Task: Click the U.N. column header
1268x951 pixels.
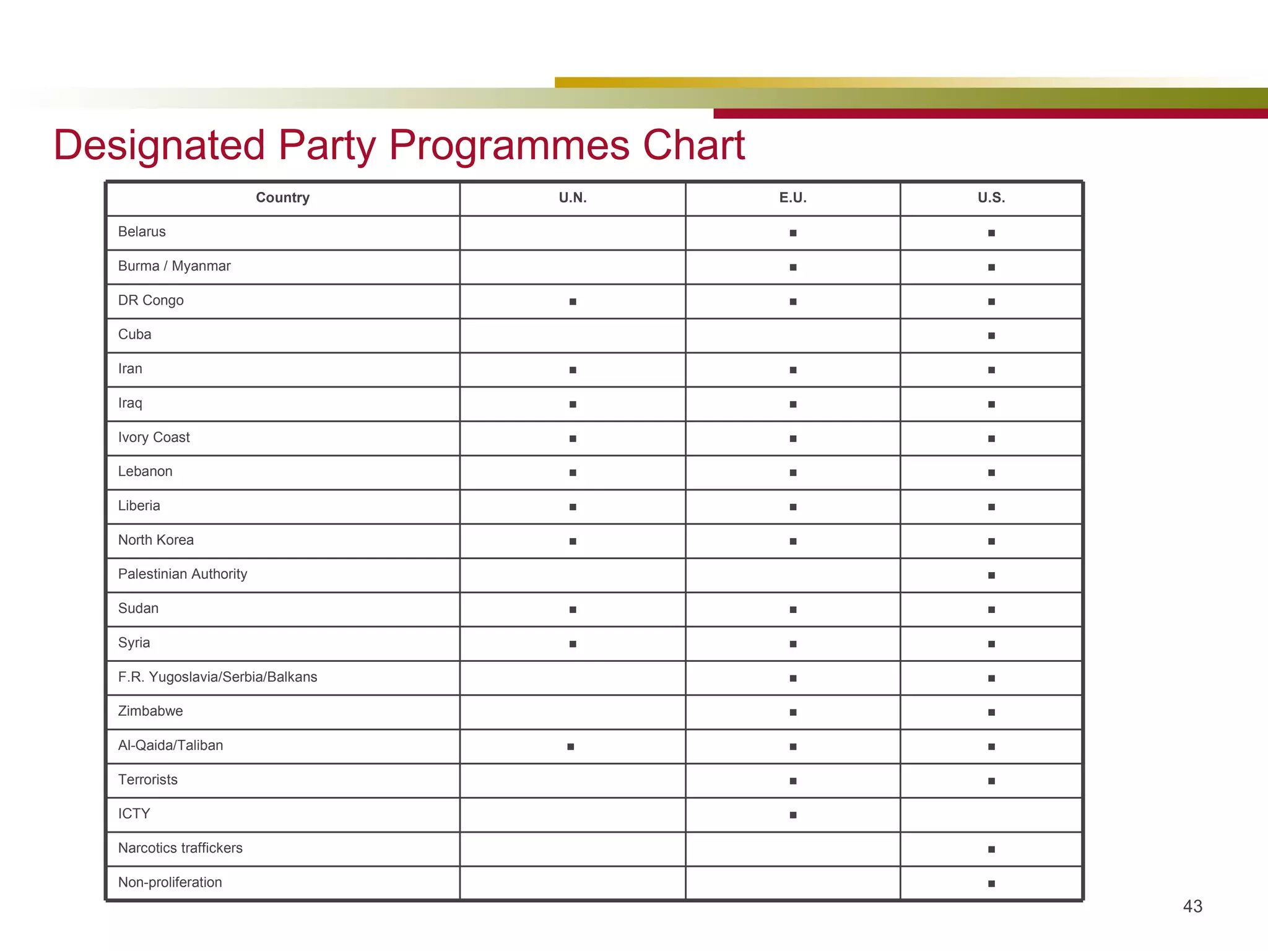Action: (x=573, y=198)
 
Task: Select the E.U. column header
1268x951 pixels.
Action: (x=792, y=198)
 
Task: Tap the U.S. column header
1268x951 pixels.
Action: (x=991, y=198)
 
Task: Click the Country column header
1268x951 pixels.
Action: (x=282, y=198)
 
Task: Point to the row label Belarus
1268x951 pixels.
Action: (x=142, y=232)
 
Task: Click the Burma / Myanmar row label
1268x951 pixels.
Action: (x=174, y=266)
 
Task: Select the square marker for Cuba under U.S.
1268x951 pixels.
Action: (x=991, y=336)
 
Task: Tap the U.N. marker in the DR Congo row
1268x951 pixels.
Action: (x=573, y=302)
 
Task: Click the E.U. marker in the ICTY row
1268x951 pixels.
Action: (x=792, y=815)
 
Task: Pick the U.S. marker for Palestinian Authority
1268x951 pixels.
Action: (x=991, y=575)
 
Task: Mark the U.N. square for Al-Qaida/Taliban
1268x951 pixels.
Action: (x=571, y=747)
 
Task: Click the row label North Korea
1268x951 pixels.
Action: (x=155, y=540)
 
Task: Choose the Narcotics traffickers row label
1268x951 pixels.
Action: (x=180, y=848)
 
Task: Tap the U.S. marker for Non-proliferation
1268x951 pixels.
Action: (x=991, y=884)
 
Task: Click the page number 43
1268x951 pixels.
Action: (x=1192, y=906)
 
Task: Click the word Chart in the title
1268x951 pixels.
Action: (x=693, y=145)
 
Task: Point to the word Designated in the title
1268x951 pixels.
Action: (x=160, y=145)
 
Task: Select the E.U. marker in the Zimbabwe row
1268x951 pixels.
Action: (x=792, y=712)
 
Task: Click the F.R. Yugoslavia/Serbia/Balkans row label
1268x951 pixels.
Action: (x=217, y=677)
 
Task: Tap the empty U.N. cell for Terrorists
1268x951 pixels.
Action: (x=573, y=781)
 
